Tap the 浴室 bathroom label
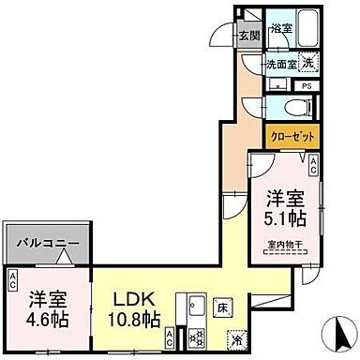[281, 29]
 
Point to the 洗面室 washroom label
[279, 66]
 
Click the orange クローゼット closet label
[292, 136]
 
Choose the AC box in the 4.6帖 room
[13, 278]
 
